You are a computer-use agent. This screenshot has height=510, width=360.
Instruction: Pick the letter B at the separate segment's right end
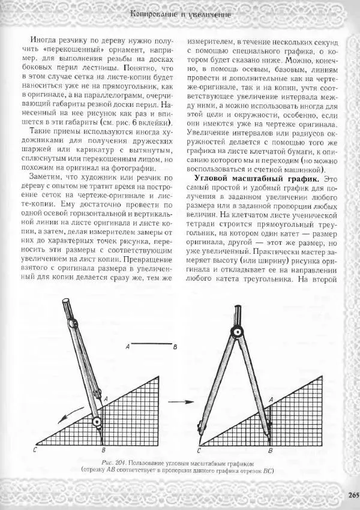point(175,346)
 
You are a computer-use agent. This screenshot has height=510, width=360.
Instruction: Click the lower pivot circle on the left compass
point(97,422)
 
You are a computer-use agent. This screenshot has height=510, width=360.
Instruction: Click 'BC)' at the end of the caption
point(267,472)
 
